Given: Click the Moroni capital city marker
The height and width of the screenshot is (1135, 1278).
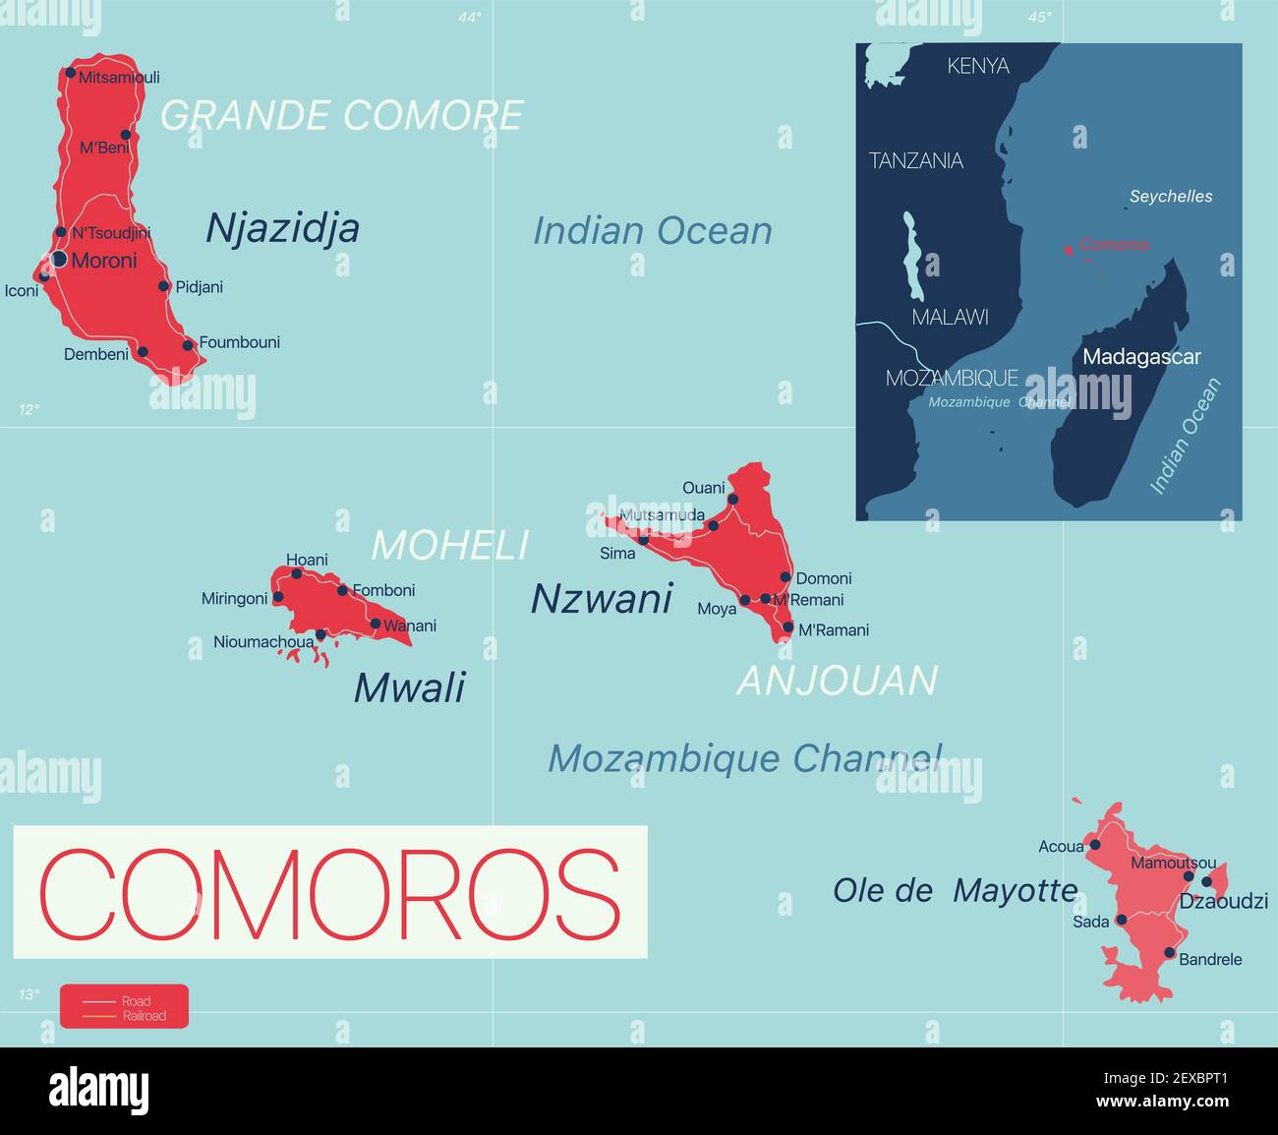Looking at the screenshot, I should [x=59, y=259].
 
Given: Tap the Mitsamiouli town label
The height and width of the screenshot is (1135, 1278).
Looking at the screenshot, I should [x=119, y=77].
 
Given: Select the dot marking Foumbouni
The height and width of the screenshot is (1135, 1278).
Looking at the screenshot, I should [x=188, y=345].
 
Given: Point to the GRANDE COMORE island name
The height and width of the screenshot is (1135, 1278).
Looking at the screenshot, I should [x=341, y=115].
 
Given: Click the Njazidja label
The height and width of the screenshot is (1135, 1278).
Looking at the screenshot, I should [x=282, y=228].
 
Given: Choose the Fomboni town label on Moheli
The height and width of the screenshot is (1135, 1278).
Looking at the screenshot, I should [x=383, y=590].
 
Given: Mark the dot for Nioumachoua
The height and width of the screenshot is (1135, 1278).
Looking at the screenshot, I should [x=320, y=634].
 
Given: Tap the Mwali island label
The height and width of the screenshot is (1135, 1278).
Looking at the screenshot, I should [x=409, y=687].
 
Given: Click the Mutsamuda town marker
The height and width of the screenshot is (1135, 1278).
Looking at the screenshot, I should [x=713, y=526].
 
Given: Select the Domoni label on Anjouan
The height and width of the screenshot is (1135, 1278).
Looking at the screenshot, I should [x=824, y=578].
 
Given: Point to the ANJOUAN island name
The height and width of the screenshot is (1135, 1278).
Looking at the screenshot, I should [x=838, y=681].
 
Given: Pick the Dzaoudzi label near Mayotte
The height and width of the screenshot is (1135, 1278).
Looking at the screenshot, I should [x=1224, y=901].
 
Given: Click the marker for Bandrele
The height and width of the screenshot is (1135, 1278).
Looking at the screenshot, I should [x=1169, y=952].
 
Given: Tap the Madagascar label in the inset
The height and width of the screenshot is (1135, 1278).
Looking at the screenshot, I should [x=1141, y=357].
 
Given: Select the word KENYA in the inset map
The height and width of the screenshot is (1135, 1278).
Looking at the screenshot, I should [x=977, y=66].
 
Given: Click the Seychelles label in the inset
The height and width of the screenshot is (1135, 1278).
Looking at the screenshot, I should [x=1171, y=197].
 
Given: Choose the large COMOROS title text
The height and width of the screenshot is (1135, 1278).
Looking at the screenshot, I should [x=330, y=892].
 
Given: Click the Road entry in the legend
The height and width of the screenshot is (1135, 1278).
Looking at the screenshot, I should [x=136, y=1001].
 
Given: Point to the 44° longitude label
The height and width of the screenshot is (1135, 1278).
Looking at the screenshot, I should [x=470, y=17].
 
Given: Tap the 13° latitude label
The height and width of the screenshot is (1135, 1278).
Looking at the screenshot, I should [x=29, y=994].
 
